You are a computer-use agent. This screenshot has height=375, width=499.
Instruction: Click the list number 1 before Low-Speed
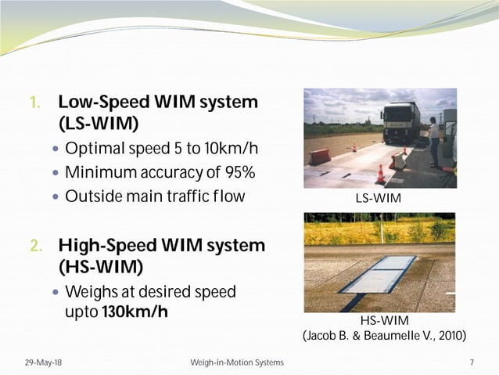[x=34, y=103]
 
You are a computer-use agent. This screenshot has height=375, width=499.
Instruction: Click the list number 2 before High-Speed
[x=35, y=246]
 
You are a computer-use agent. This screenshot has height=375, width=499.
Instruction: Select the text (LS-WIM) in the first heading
[x=99, y=124]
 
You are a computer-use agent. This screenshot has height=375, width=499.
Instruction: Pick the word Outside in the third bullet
[x=93, y=196]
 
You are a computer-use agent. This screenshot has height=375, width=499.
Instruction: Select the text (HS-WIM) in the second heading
[x=100, y=268]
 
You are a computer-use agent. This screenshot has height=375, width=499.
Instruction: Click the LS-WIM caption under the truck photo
[x=378, y=198]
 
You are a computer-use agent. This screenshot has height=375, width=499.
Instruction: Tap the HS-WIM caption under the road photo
[x=384, y=320]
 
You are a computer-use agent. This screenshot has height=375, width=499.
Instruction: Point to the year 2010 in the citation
[x=450, y=336]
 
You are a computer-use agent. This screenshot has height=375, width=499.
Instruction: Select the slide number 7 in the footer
[x=472, y=362]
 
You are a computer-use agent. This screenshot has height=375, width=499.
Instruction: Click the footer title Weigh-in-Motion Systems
[x=237, y=362]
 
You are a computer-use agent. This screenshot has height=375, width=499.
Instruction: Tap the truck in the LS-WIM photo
[x=400, y=124]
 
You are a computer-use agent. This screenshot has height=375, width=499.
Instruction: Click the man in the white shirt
[x=433, y=140]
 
